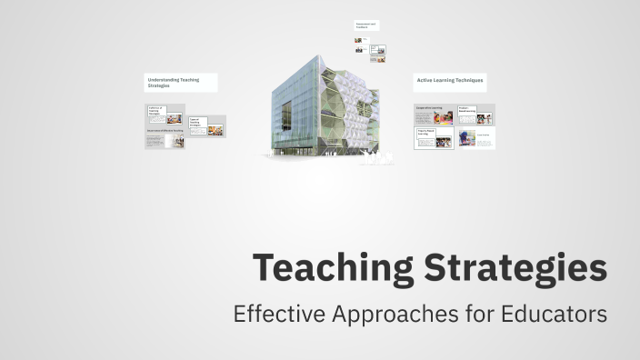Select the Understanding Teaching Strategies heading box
(x=180, y=82)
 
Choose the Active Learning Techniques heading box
(x=450, y=82)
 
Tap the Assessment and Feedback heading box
(x=367, y=25)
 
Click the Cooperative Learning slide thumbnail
(x=434, y=115)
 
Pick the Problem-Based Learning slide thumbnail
(x=475, y=115)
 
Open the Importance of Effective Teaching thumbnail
(x=165, y=137)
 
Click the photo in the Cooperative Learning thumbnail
(x=445, y=117)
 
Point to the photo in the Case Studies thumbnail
(x=466, y=138)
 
